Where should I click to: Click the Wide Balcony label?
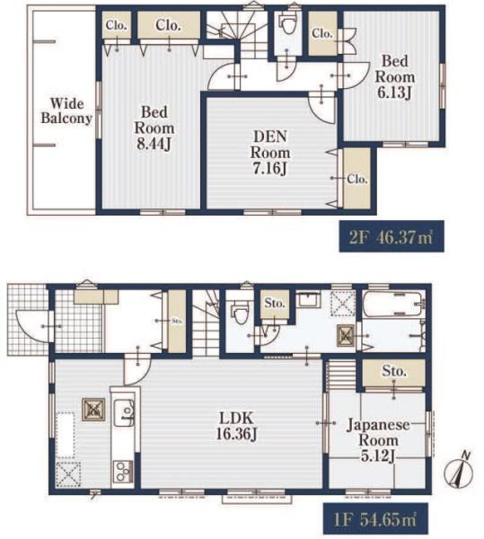point(66,110)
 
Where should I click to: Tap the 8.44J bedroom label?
point(154,128)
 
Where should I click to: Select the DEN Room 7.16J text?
point(270,153)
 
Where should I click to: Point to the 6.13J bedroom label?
point(395,77)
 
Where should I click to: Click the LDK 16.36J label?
point(236,426)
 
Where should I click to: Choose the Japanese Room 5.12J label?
point(378,440)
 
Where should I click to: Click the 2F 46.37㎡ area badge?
point(392,236)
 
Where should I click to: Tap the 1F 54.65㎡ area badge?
point(375,518)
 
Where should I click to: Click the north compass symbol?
point(459,471)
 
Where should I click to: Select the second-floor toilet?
point(288,23)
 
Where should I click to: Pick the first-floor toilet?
point(240,312)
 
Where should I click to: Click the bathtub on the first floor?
point(393,305)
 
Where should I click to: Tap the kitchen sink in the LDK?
point(124,412)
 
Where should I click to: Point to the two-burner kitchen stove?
point(122,472)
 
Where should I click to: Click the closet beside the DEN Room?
point(357,179)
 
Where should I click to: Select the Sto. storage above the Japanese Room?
point(394,373)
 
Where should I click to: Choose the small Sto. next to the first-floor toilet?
point(275,305)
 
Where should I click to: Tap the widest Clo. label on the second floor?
point(168,25)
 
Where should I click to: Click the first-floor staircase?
point(206,323)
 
